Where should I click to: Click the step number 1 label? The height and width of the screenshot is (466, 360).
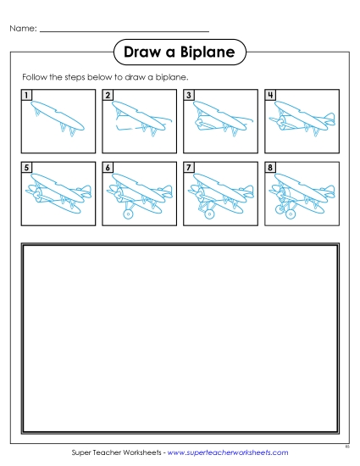pos(27,95)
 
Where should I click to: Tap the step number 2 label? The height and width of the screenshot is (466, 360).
pos(108,95)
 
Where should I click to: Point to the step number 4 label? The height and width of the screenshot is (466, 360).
pos(270,95)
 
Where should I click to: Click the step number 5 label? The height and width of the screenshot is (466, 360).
pos(27,168)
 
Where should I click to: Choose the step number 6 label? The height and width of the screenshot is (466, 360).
pos(108,168)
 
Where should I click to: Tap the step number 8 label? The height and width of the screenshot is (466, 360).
pos(270,168)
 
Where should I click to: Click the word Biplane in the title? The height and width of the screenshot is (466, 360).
pos(203,54)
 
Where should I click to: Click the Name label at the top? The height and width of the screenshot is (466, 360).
pos(23,30)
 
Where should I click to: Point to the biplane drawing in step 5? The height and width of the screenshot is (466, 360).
pos(58,193)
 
